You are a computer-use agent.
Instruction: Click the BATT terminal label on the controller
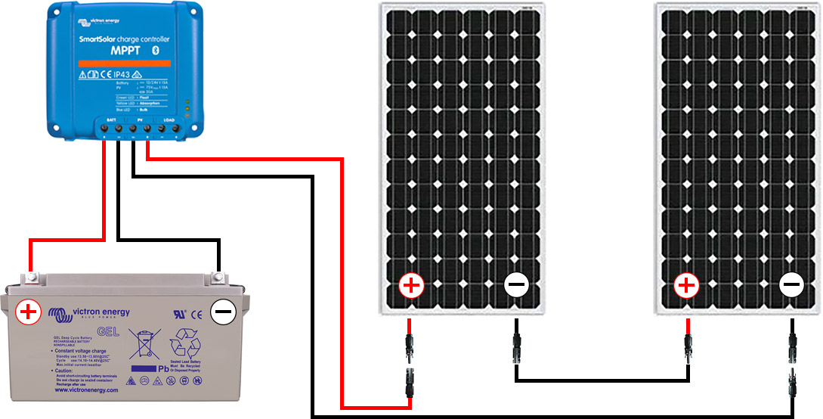pos(111,120)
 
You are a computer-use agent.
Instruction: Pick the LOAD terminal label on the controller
pos(169,120)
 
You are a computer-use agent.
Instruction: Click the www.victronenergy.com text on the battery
pos(86,390)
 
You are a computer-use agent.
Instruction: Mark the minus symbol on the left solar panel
pos(517,286)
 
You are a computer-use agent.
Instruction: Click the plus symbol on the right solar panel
pos(686,286)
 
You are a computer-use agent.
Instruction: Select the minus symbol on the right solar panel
pos(792,286)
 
